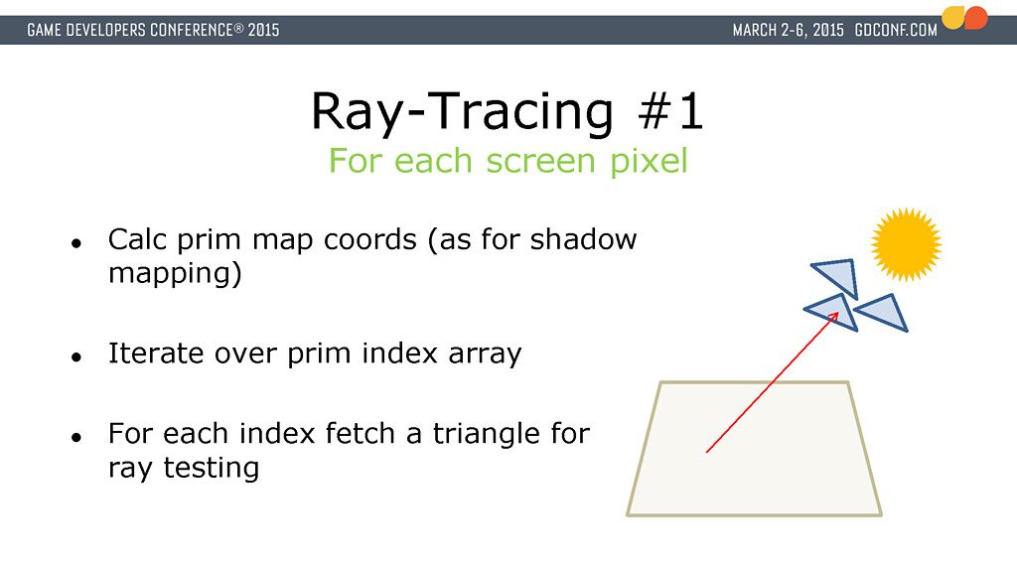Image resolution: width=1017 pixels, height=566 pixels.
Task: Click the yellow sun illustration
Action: point(906,244)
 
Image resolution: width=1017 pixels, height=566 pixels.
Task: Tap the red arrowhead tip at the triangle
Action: point(838,313)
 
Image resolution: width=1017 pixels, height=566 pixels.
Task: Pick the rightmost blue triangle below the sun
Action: point(883,313)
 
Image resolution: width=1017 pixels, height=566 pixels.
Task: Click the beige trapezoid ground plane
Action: point(755,449)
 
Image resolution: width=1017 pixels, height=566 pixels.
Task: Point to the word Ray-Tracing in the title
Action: point(462,112)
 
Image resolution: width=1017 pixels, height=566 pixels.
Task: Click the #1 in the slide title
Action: point(670,112)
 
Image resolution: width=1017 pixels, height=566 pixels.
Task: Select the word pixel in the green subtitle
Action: point(649,161)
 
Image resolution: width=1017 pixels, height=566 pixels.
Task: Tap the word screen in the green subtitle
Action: point(541,162)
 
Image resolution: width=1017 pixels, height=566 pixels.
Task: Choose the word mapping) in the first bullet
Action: point(175,273)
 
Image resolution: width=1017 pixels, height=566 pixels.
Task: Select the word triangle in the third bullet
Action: point(487,434)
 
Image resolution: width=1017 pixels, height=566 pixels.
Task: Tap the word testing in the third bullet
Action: point(211,468)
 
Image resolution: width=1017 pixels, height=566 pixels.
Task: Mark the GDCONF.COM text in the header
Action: point(896,31)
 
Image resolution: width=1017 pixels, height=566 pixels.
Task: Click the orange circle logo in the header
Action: point(975,18)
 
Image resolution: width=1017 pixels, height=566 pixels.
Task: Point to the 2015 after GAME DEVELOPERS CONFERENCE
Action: point(263,31)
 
